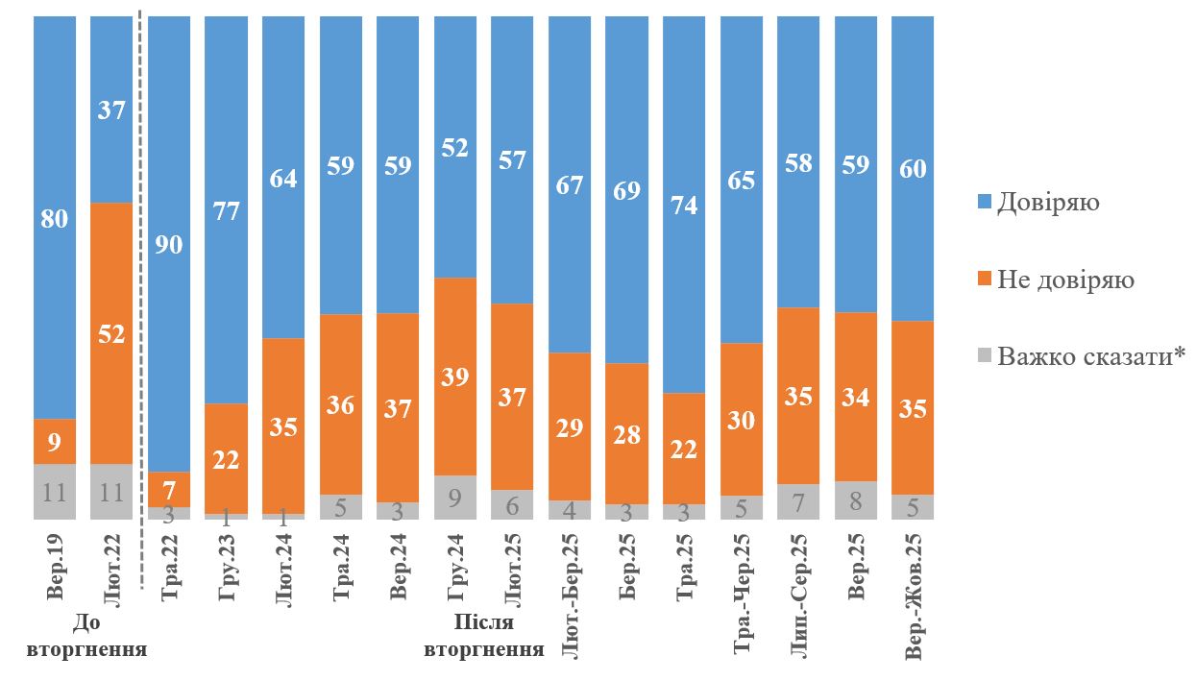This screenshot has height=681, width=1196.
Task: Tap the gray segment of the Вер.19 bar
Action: (x=55, y=491)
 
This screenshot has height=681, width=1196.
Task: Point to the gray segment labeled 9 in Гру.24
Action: (x=455, y=497)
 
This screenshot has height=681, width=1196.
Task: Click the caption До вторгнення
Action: (x=87, y=638)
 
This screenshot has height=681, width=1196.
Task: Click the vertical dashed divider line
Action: (x=141, y=288)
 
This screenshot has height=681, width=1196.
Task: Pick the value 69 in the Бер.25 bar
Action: (x=626, y=189)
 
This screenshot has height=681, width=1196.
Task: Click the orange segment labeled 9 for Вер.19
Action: (x=55, y=441)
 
